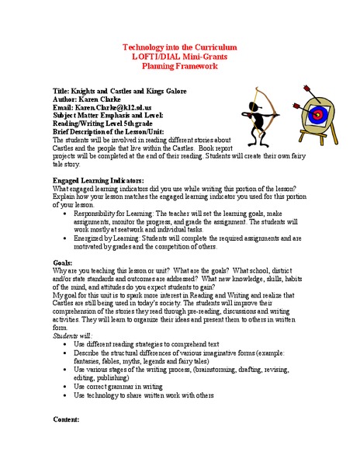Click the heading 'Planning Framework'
[180, 67]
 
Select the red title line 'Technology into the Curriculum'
[180, 48]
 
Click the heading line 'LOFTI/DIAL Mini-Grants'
[180, 57]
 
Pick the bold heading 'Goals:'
[63, 263]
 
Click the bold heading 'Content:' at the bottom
[67, 419]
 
